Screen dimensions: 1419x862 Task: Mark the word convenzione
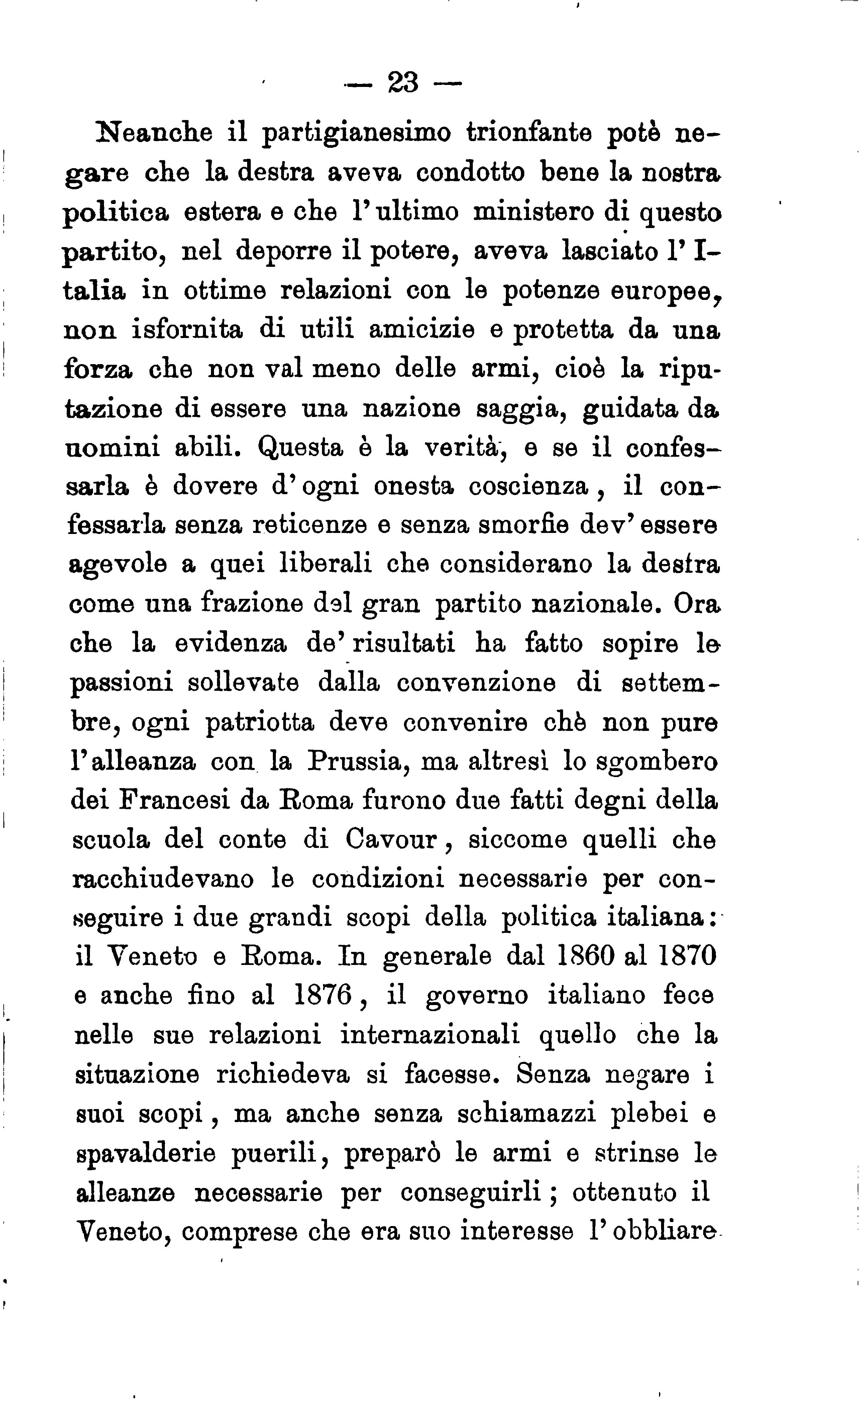click(x=475, y=683)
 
